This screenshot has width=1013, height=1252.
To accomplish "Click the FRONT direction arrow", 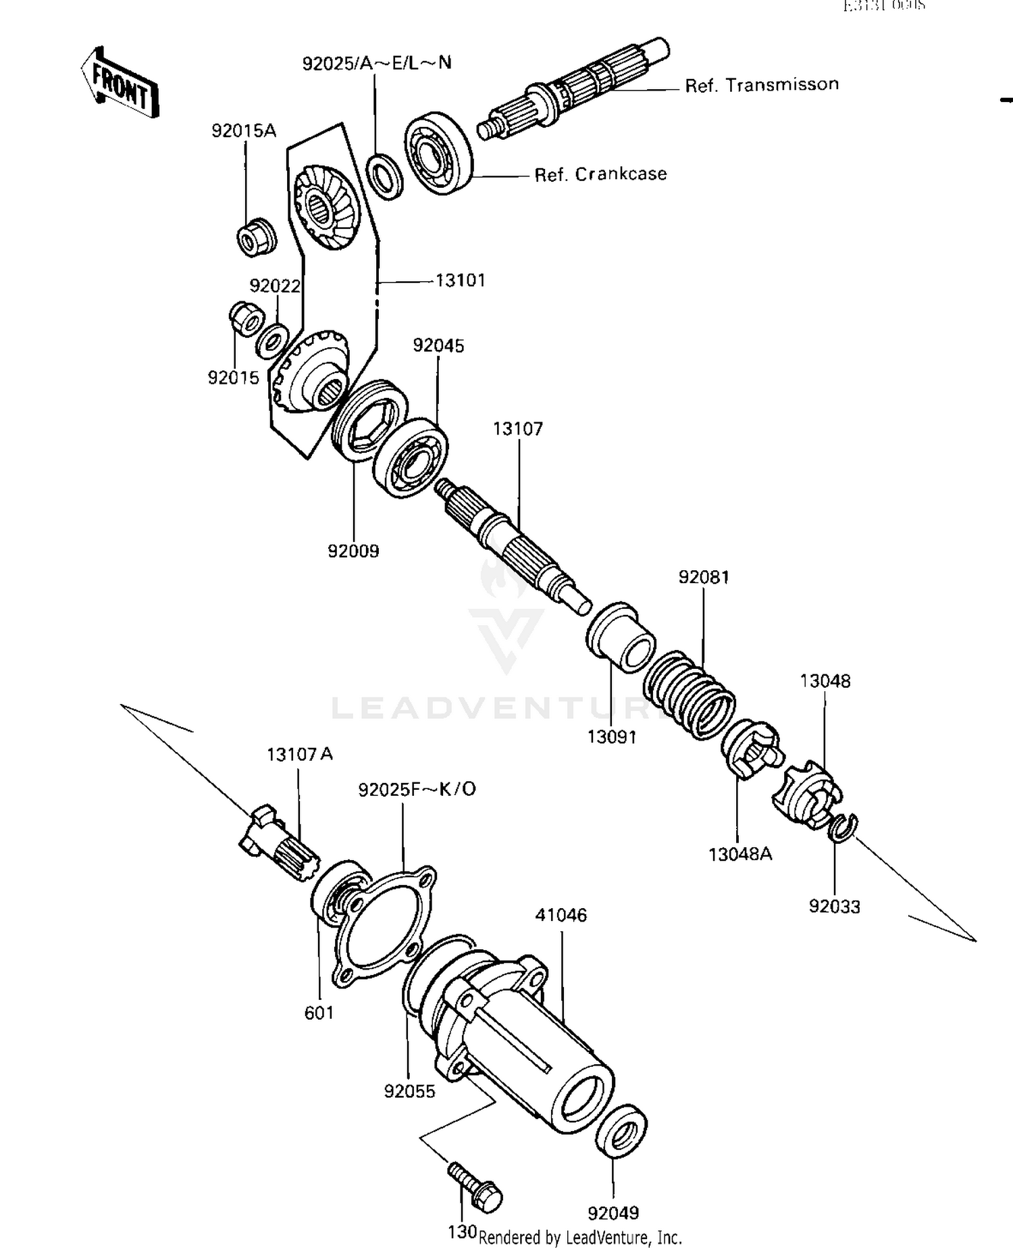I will (x=119, y=83).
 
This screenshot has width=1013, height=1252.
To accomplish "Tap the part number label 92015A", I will (x=244, y=131).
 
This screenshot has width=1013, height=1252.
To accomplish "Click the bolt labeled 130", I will (x=475, y=1186).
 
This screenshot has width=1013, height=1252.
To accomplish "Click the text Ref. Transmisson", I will (x=761, y=85).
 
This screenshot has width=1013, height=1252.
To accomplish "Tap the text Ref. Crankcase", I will (x=600, y=174).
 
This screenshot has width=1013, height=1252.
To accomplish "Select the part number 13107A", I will (x=299, y=754).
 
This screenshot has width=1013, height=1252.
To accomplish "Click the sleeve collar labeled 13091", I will (x=620, y=638).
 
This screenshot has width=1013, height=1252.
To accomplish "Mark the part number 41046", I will (x=561, y=915).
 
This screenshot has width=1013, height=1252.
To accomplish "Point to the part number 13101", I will (x=461, y=280).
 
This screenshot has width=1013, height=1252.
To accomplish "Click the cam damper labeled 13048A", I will (x=750, y=749).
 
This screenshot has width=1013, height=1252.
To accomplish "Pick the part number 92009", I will (x=353, y=551).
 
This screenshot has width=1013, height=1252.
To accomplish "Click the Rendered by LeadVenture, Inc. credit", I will (x=580, y=1238).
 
